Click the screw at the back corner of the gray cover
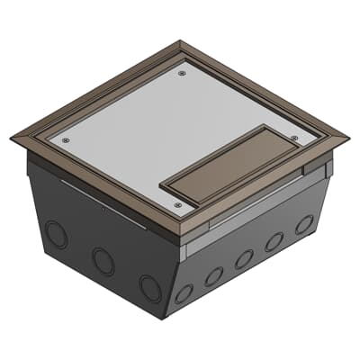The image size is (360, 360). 183,74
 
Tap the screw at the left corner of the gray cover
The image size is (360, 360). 65,139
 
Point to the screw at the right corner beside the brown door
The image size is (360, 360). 294,137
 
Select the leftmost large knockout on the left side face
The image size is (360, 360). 56,237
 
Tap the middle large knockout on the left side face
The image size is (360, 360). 102,262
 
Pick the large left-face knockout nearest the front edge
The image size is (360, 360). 149,287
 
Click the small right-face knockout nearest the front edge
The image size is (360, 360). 184,293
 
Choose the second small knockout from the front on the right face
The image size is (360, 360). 213,276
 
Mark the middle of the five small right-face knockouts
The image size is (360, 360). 244,259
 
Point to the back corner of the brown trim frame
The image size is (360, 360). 181,40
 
